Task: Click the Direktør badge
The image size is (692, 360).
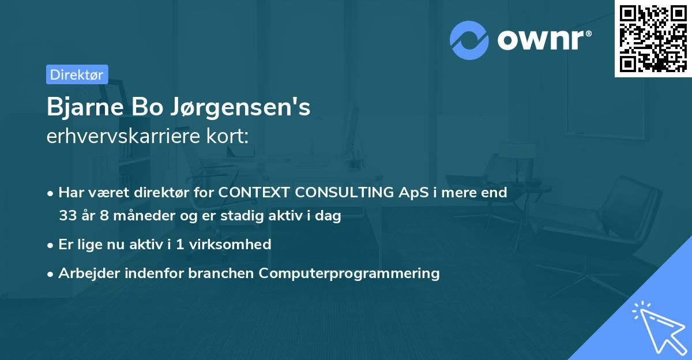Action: [77, 74]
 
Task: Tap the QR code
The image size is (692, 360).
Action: [653, 38]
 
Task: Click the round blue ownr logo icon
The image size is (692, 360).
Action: [469, 40]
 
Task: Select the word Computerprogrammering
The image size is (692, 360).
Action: [349, 273]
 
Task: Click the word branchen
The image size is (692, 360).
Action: [221, 273]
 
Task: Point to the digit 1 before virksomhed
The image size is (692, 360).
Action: [180, 244]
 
